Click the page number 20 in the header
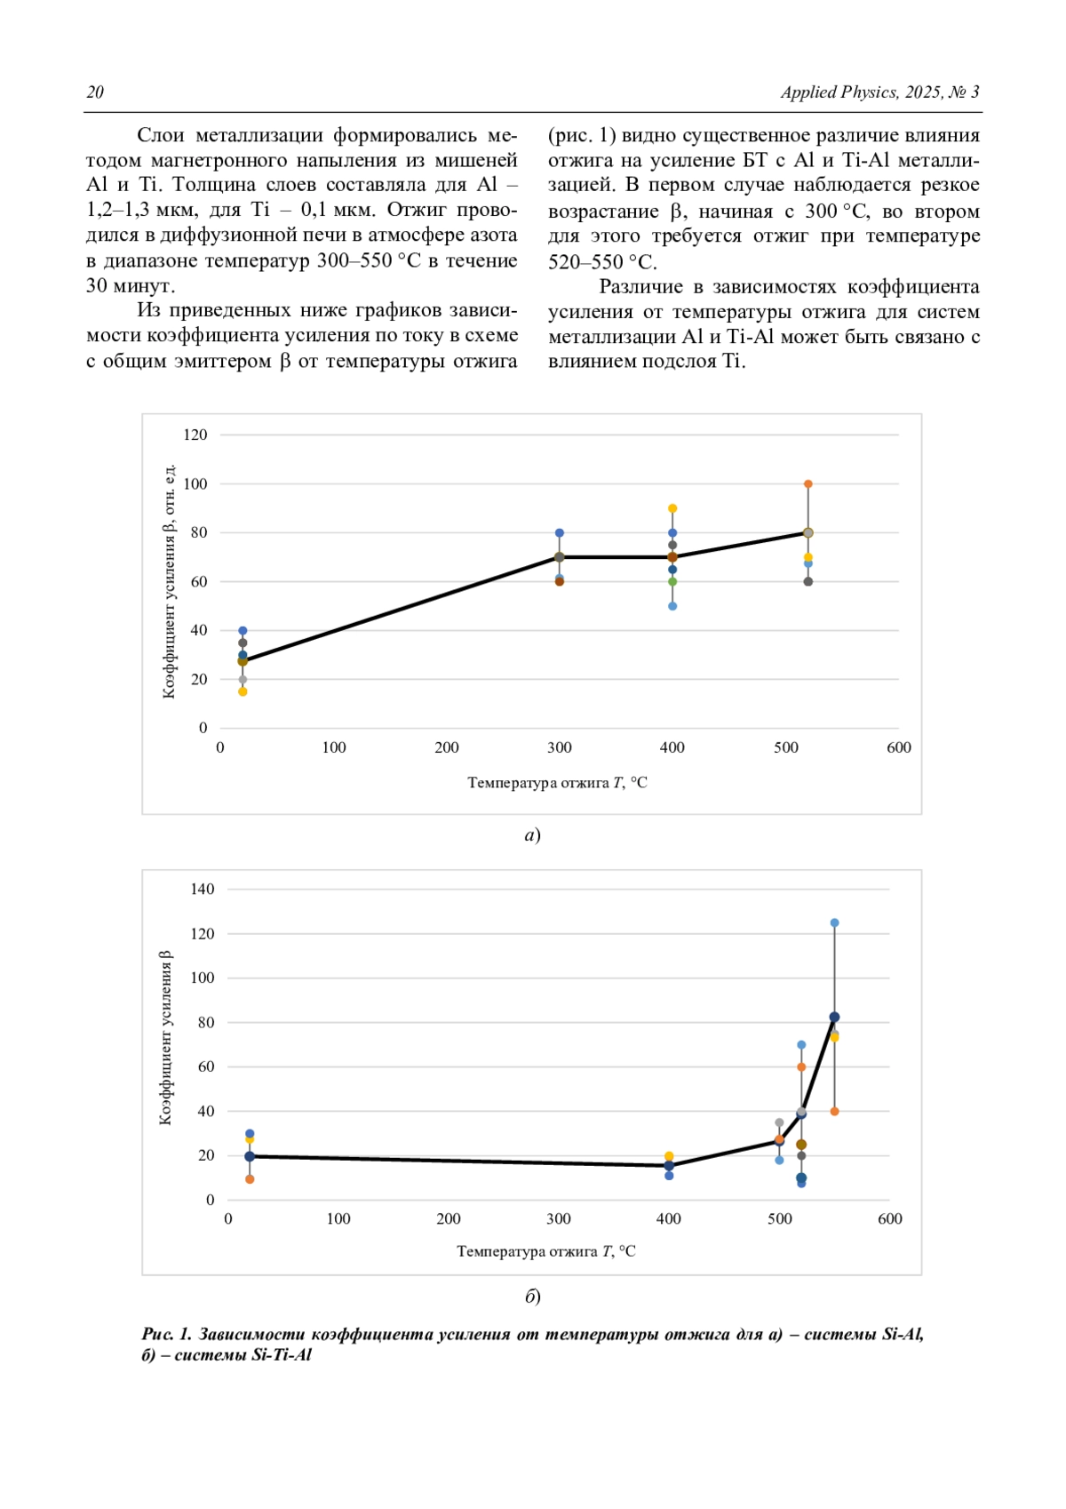point(95,92)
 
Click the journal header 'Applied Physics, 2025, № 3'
point(879,92)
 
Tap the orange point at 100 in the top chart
point(808,483)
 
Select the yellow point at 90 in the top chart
point(672,508)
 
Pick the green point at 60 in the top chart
point(672,581)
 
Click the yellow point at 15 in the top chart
point(243,692)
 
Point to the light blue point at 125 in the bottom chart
point(834,923)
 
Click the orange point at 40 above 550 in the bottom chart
point(834,1112)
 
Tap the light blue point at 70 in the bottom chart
point(801,1045)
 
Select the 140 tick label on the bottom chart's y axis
point(202,890)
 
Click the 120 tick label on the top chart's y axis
point(195,435)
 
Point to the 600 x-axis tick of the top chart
point(899,747)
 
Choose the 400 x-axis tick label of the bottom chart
point(669,1218)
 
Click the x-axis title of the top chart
point(558,783)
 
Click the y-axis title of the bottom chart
point(165,1037)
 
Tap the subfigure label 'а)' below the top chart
point(533,835)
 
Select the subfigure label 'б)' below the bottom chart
point(533,1296)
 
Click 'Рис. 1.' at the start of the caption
point(166,1334)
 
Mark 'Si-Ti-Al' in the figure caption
point(281,1354)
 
